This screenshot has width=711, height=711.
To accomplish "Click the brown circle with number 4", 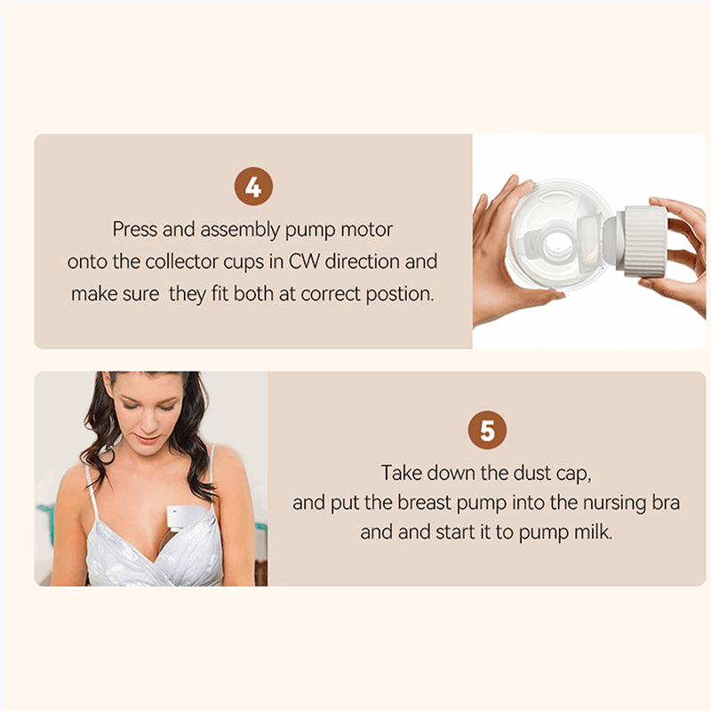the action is pos(253,187).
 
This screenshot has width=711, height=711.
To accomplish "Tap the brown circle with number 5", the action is pos(487,430).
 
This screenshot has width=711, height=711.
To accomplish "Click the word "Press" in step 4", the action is pos(135,229).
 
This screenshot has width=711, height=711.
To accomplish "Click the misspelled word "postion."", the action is pos(400,294).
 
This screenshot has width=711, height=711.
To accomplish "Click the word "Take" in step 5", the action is pos(402,473).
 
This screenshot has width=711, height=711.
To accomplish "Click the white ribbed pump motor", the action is pos(642,241).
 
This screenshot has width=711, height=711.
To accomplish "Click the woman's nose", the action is pos(148,424).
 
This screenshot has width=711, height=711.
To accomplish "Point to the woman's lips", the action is pos(148,439).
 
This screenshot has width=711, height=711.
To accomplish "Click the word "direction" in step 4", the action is pos(362,261).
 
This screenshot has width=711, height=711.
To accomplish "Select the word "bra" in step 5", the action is pos(666,503).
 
